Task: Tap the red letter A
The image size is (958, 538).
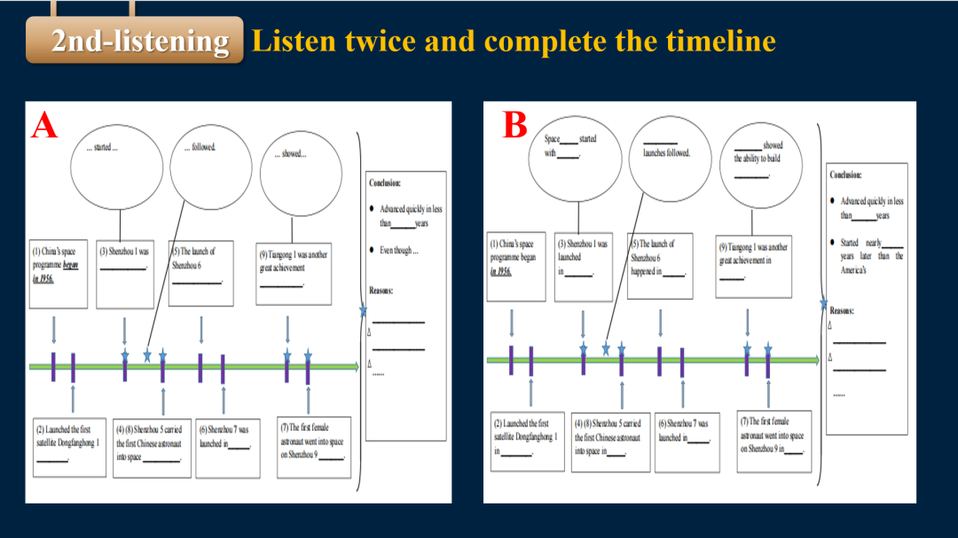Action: click(43, 125)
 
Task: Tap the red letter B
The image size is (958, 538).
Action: click(515, 124)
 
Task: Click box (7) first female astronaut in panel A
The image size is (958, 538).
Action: click(312, 441)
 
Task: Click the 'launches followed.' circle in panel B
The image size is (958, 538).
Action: click(666, 156)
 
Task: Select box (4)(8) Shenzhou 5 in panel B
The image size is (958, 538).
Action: click(610, 440)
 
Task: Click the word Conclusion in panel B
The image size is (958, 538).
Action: click(845, 175)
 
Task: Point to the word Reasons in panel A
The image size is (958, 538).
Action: click(381, 291)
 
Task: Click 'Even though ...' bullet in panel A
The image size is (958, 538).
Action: click(399, 250)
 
